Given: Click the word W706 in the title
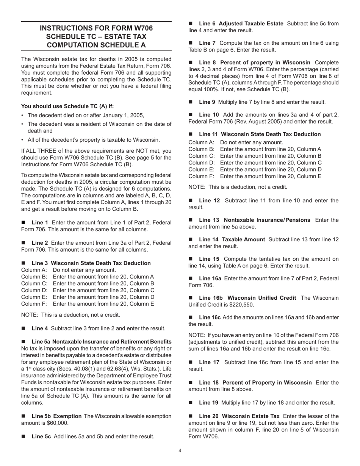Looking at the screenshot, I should pyautogui.click(x=140, y=28).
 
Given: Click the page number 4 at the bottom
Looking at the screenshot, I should pyautogui.click(x=180, y=450).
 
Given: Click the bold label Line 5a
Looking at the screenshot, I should pyautogui.click(x=41, y=341).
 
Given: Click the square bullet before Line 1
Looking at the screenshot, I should pyautogui.click(x=24, y=222).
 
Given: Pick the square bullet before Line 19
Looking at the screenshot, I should pyautogui.click(x=191, y=403).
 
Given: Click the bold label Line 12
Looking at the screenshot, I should pyautogui.click(x=209, y=200).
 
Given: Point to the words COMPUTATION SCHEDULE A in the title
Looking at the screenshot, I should pyautogui.click(x=96, y=45).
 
